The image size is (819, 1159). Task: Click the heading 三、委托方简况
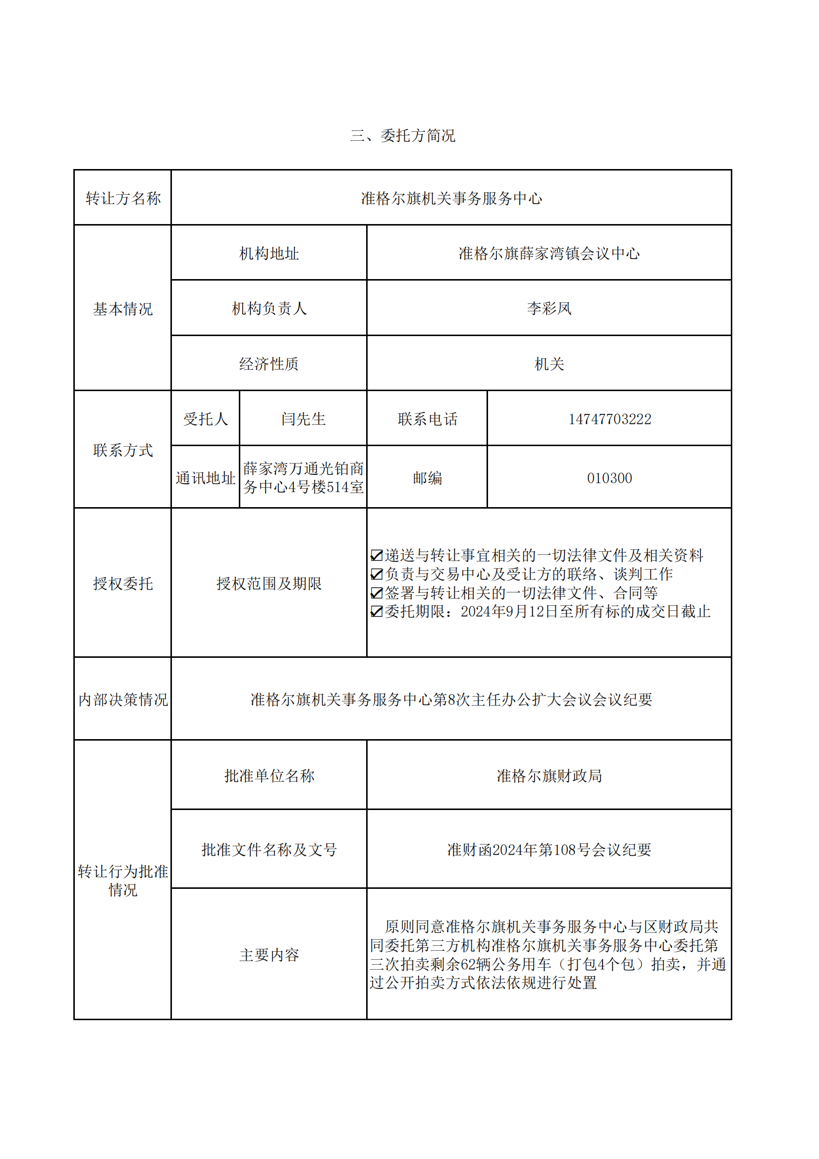[x=402, y=135]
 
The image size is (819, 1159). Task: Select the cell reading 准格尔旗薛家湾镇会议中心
[x=548, y=253]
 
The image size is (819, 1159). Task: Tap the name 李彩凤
[x=548, y=308]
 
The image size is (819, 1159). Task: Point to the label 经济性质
[x=269, y=364]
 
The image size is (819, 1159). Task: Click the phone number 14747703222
[x=609, y=419]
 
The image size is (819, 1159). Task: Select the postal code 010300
[x=609, y=478]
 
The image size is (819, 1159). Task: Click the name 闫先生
[x=303, y=419]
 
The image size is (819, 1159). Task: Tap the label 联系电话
[x=427, y=419]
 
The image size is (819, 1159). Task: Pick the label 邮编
[x=427, y=478]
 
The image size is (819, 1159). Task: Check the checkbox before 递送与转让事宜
[x=377, y=555]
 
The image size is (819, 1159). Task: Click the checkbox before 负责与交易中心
[x=377, y=574]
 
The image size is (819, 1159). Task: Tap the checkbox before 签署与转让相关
[x=377, y=592]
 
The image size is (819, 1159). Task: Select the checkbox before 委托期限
[x=377, y=611]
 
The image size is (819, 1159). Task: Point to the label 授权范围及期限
[x=269, y=583]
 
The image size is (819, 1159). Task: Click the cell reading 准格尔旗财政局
[x=548, y=776]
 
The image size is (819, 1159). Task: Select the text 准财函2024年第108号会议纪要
[x=548, y=850]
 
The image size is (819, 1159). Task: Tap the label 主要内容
[x=269, y=955]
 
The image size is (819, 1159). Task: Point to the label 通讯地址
[x=205, y=478]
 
